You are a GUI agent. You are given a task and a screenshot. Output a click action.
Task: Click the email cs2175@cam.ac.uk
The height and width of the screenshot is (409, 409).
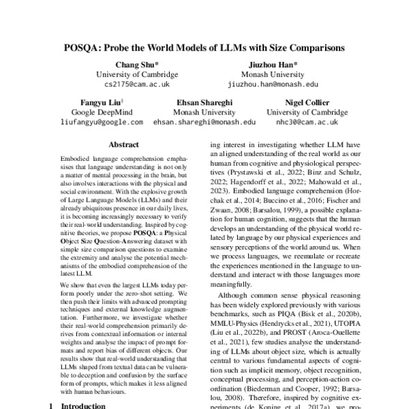pos(137,85)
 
